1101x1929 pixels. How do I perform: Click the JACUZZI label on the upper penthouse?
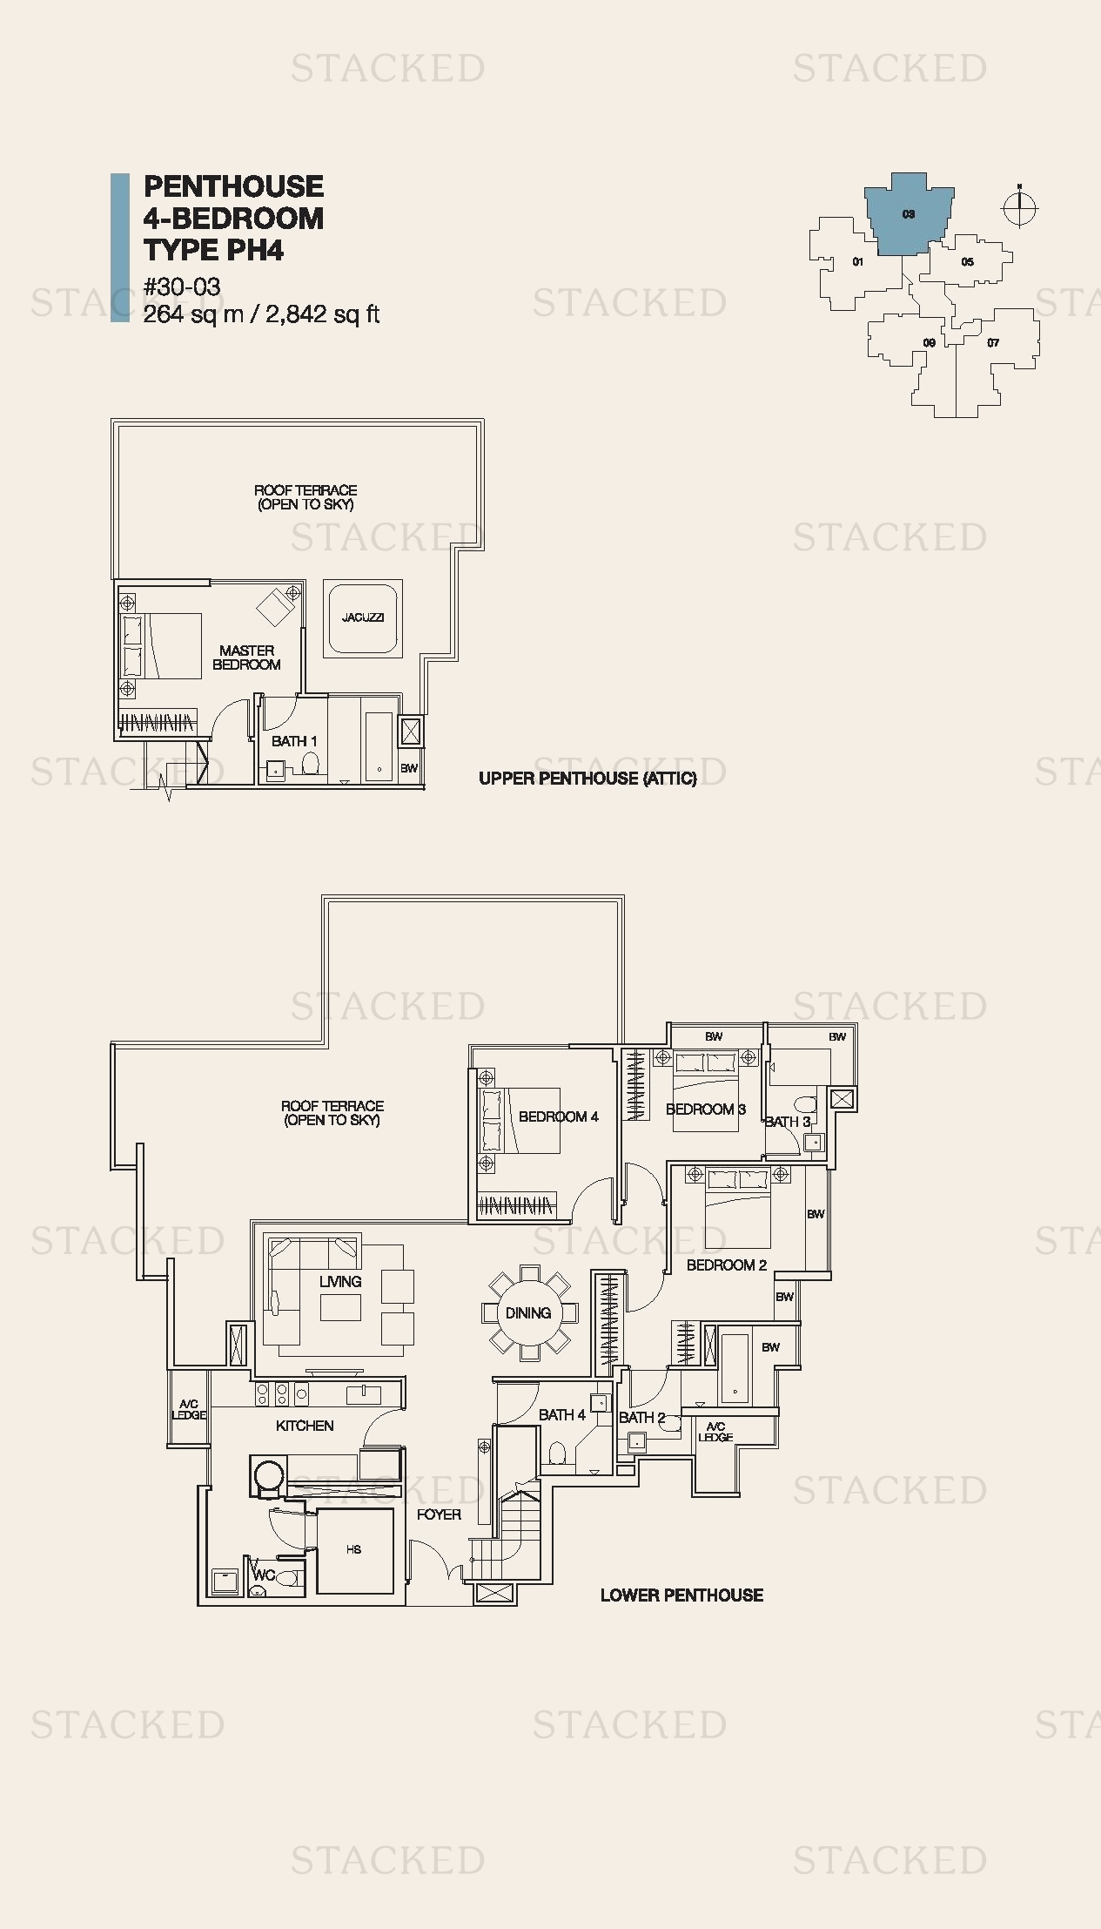(363, 617)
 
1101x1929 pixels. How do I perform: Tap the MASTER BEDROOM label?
(247, 658)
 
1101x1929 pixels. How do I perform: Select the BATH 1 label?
(294, 741)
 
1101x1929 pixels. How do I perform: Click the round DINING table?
(528, 1312)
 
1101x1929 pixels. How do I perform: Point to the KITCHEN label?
(305, 1426)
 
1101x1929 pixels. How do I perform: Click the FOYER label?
(439, 1514)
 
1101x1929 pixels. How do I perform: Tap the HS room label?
(353, 1549)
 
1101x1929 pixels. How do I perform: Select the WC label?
(264, 1575)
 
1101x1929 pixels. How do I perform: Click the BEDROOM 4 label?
(559, 1116)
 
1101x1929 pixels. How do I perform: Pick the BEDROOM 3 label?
(706, 1109)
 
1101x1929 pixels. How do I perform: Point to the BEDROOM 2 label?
(727, 1265)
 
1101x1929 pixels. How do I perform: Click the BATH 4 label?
(562, 1414)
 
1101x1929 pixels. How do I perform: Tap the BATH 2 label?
(642, 1417)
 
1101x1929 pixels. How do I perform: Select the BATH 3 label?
(788, 1122)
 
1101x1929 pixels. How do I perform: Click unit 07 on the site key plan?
(993, 343)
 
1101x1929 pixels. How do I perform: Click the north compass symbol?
(1020, 207)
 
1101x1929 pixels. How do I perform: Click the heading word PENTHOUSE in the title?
(233, 186)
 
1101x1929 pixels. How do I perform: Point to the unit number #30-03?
(182, 287)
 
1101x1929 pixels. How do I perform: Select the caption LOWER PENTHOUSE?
(682, 1595)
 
